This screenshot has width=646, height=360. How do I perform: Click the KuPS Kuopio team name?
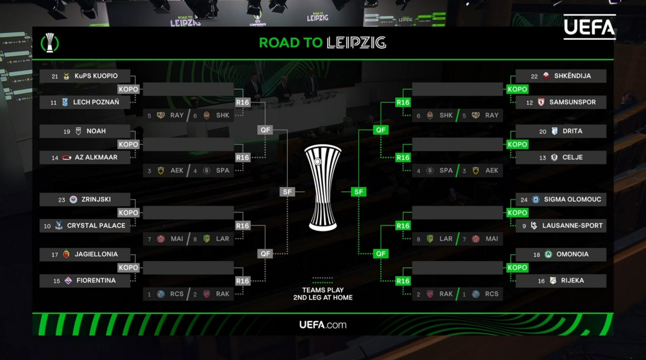click(x=96, y=76)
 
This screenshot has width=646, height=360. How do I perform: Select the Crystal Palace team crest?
click(x=59, y=225)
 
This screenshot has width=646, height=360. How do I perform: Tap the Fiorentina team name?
click(x=96, y=281)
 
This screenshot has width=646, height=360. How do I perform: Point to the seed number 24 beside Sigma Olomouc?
click(x=524, y=200)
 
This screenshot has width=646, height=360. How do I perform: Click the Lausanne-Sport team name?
click(x=572, y=226)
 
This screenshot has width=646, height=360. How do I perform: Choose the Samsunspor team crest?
click(x=541, y=102)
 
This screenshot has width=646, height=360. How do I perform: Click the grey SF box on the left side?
click(x=287, y=192)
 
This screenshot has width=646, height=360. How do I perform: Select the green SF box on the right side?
click(x=358, y=192)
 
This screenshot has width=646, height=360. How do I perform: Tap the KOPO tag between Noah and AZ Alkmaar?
click(x=128, y=144)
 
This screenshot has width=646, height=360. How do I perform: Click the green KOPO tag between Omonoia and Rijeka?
click(x=517, y=268)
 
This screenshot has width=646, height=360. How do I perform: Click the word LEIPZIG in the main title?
click(x=356, y=43)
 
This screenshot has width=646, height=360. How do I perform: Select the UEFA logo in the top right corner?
click(x=589, y=27)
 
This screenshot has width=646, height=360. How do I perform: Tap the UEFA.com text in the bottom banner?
click(x=323, y=325)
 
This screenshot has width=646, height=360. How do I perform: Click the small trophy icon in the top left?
click(x=50, y=43)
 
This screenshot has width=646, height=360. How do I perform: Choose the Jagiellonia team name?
click(x=96, y=254)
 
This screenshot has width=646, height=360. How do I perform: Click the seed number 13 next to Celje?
click(x=542, y=158)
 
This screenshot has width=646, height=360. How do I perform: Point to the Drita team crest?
click(x=554, y=131)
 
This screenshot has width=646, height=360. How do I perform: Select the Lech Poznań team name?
click(x=96, y=102)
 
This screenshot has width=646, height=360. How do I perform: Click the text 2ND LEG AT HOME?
click(x=323, y=297)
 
